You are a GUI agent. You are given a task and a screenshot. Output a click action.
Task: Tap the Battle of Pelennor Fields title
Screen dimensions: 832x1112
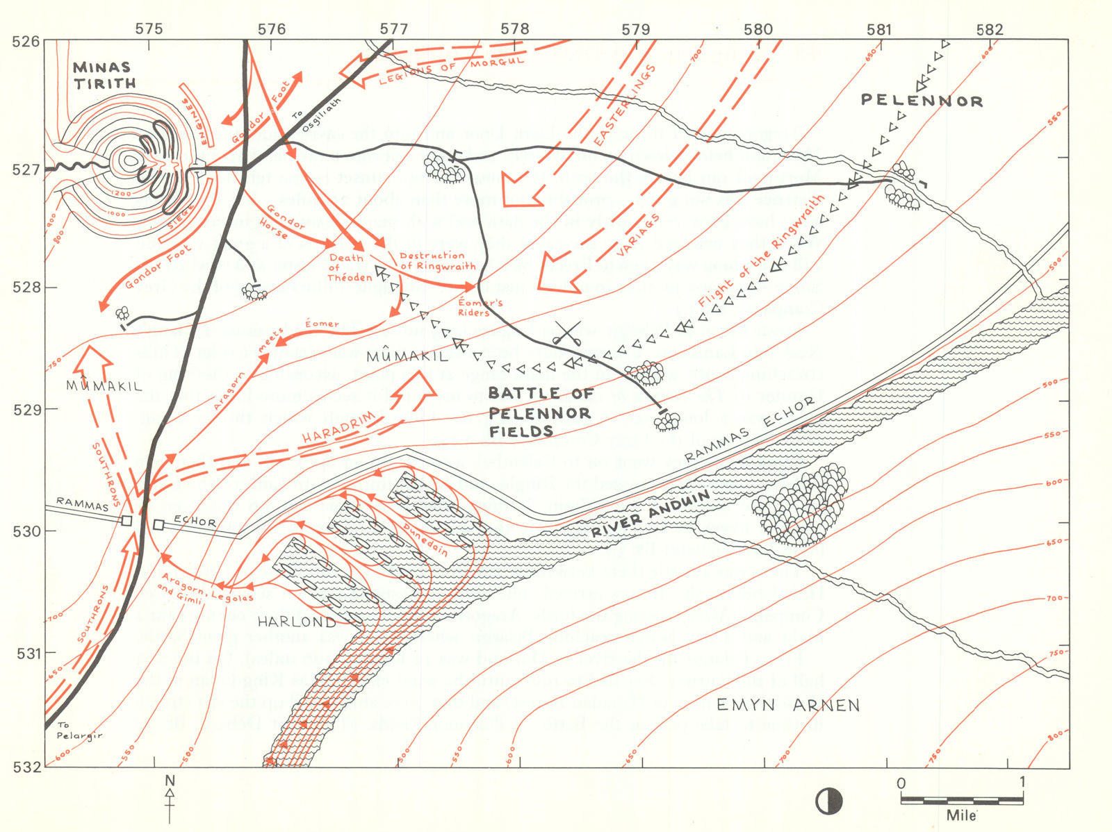(x=541, y=413)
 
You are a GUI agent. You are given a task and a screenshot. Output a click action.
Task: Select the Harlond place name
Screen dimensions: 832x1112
(x=296, y=622)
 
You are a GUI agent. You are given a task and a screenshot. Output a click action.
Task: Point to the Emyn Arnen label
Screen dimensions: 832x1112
(x=788, y=706)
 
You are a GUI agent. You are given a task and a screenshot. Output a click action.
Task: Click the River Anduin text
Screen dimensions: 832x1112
(x=651, y=514)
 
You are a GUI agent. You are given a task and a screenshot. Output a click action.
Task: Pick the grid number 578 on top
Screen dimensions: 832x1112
(x=515, y=28)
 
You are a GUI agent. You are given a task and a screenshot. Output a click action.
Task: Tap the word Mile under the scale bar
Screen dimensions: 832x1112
(x=961, y=815)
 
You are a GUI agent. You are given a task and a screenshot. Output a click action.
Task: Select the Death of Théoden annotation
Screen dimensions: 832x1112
(x=350, y=267)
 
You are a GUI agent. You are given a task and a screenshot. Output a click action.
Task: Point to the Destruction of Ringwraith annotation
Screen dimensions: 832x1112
(x=437, y=260)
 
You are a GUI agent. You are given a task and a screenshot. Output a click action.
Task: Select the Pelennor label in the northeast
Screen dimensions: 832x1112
(x=922, y=101)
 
